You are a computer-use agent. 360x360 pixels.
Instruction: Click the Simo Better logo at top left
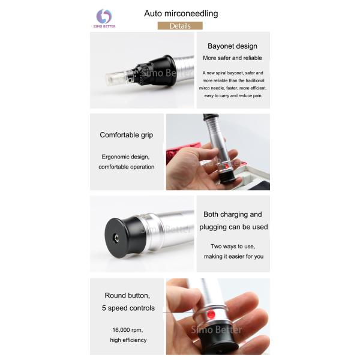tap(104, 18)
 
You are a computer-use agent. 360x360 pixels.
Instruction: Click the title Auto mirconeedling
tap(181, 13)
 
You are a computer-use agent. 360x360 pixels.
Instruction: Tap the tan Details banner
tap(180, 26)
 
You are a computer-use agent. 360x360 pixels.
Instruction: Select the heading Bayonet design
tap(232, 46)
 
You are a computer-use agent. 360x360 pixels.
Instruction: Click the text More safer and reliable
tap(232, 58)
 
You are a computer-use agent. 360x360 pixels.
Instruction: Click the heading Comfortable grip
tap(126, 135)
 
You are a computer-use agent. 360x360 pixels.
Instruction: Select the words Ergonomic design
tap(126, 157)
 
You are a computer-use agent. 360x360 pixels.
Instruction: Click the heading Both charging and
tap(232, 214)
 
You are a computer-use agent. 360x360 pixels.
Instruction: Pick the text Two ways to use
tap(232, 247)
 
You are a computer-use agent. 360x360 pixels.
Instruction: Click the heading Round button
tap(127, 295)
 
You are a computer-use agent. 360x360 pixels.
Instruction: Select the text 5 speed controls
tap(128, 308)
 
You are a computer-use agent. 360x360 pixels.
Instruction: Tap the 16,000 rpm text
tap(127, 330)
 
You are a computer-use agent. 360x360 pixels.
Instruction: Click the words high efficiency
tap(127, 340)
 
